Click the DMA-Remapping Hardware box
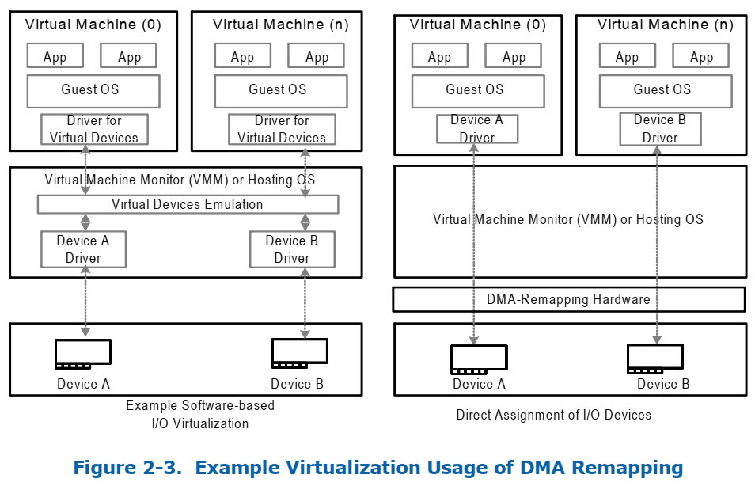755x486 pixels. pos(568,299)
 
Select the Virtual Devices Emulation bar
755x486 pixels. pos(188,204)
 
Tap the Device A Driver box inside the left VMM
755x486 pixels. pos(83,249)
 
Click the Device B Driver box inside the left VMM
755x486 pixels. pos(292,249)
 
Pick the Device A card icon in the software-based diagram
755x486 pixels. pos(83,353)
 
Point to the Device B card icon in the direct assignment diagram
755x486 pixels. pos(655,359)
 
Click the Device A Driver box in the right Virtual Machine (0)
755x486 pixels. pos(477,129)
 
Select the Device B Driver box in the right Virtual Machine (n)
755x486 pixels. pos(660,129)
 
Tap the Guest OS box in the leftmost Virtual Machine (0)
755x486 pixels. pos(93,90)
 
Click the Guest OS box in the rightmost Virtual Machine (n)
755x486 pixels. pos(662,90)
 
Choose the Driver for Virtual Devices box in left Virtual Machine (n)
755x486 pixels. pos(282,129)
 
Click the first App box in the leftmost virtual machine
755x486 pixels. pos(55,57)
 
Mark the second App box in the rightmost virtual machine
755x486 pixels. pos(701,57)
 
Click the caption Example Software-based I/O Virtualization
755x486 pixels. pos(200,414)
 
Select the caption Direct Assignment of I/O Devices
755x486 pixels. pos(554,414)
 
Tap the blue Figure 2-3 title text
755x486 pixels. pos(377,467)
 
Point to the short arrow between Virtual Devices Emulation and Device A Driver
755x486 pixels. pos(85,222)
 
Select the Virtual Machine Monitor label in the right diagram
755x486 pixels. pos(567,219)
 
